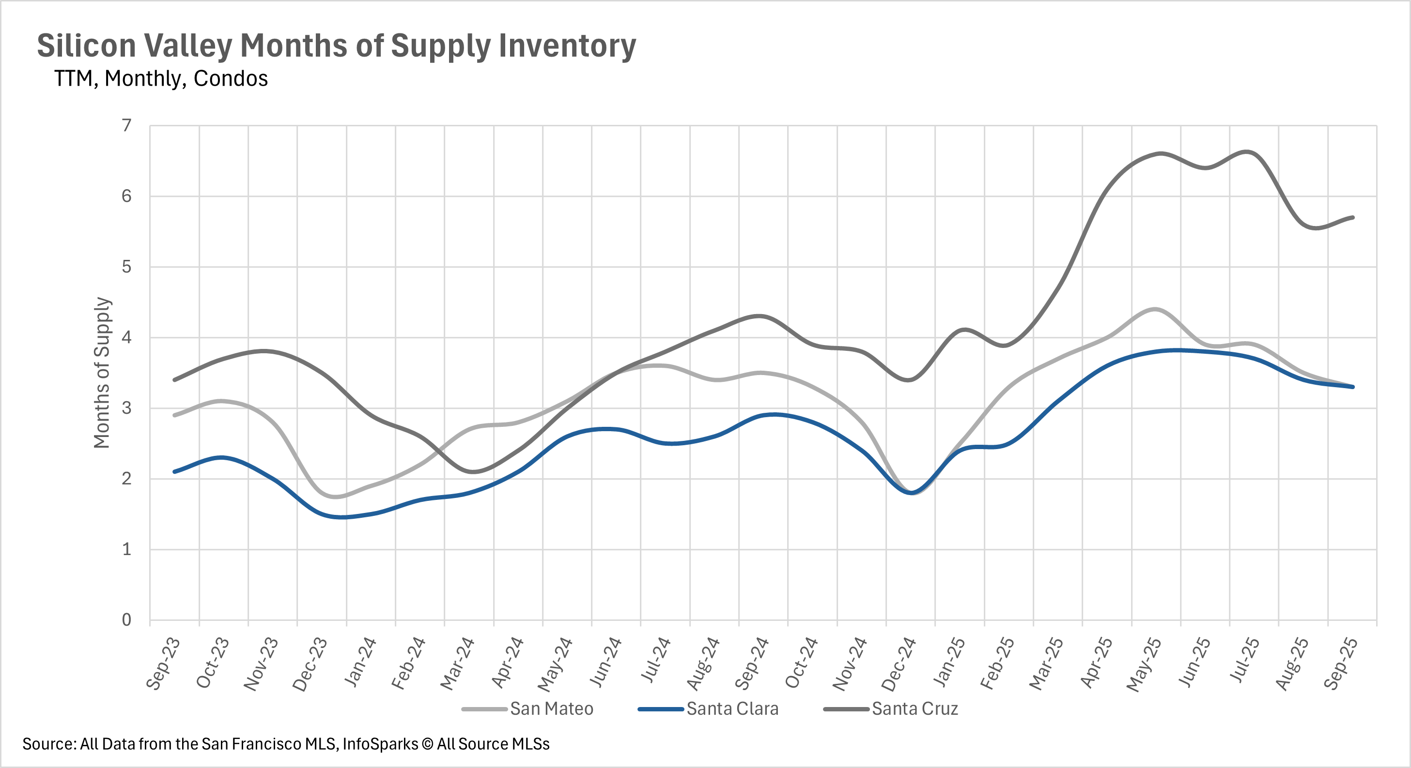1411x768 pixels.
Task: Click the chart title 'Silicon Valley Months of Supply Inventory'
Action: [x=336, y=45]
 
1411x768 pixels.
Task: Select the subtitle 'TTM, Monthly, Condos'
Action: [x=160, y=79]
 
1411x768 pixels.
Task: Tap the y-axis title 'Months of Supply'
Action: [x=102, y=373]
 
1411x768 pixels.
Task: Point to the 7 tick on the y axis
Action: [x=126, y=126]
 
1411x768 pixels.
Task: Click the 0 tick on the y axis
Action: [x=126, y=619]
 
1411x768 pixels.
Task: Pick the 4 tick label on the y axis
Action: [x=126, y=337]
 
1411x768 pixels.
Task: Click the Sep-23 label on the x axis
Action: [x=163, y=663]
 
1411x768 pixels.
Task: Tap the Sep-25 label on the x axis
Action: [x=1341, y=663]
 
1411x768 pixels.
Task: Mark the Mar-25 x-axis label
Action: [x=1046, y=663]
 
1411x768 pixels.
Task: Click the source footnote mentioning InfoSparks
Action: [x=285, y=744]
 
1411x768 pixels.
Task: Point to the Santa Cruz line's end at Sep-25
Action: [x=1353, y=217]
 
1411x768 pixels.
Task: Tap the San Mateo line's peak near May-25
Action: [x=1155, y=309]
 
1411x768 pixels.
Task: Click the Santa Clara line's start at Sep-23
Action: [x=175, y=471]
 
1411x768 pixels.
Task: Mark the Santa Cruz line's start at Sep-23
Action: [x=175, y=380]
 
